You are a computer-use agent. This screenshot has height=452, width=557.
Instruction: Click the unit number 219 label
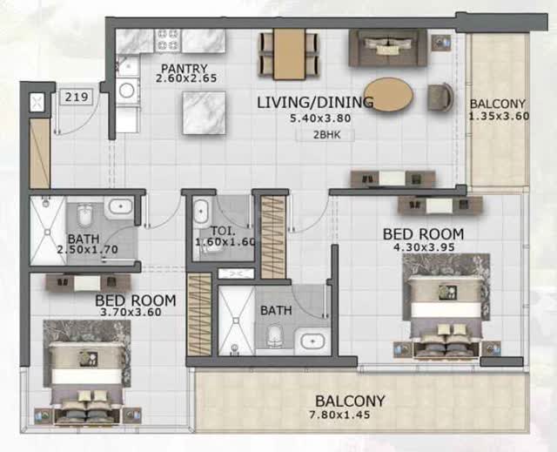[x=77, y=97]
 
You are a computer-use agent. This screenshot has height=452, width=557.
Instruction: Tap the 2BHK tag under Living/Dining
[x=326, y=135]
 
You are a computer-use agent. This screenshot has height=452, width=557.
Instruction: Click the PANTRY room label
[x=184, y=68]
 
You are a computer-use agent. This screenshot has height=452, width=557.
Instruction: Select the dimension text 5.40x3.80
[x=320, y=118]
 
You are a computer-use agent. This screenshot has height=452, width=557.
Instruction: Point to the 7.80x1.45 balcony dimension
[x=340, y=415]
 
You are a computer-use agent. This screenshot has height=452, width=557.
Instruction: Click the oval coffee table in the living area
[x=389, y=95]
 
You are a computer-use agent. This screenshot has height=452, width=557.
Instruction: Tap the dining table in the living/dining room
[x=289, y=54]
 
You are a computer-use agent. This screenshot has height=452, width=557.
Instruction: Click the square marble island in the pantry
[x=204, y=113]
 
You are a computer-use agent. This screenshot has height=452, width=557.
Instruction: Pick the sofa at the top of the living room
[x=388, y=48]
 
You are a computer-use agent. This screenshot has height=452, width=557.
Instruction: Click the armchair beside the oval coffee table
[x=440, y=97]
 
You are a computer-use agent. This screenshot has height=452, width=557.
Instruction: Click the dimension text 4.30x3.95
[x=424, y=247]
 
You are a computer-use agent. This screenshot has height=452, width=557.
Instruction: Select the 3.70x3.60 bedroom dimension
[x=131, y=313]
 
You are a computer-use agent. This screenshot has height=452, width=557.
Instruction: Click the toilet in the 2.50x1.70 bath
[x=84, y=214]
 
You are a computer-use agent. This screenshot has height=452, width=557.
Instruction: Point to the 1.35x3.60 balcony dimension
[x=499, y=116]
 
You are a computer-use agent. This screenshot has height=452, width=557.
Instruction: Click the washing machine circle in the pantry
[x=126, y=91]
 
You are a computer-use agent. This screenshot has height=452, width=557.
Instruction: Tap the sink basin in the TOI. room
[x=201, y=212]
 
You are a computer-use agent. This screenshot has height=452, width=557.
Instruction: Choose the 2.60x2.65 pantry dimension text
[x=186, y=78]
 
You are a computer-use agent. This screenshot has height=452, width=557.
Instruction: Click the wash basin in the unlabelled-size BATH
[x=312, y=341]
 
